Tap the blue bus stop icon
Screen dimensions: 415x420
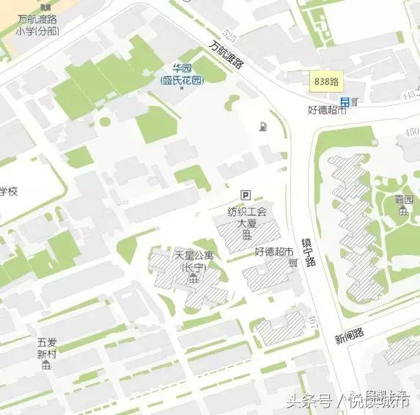(344, 101)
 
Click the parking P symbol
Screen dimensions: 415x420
(246, 195)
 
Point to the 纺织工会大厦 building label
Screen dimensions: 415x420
(247, 217)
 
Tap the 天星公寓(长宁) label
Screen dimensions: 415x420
(194, 261)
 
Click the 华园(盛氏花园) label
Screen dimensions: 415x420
(182, 75)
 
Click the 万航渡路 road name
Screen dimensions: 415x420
(226, 55)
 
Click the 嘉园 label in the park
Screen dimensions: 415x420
(404, 200)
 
